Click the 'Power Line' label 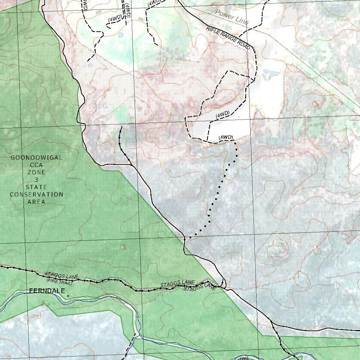click(232, 17)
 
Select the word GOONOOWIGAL click(37, 157)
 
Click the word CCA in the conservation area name click(37, 165)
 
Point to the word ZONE click(37, 172)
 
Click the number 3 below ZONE click(37, 180)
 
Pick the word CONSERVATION click(37, 194)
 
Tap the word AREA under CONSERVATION click(37, 202)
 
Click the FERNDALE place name click(47, 291)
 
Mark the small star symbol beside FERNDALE click(68, 296)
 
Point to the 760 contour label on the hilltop click(281, 244)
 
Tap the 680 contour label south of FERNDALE click(36, 316)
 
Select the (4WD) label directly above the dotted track click(226, 137)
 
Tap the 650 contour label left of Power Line click(214, 4)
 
